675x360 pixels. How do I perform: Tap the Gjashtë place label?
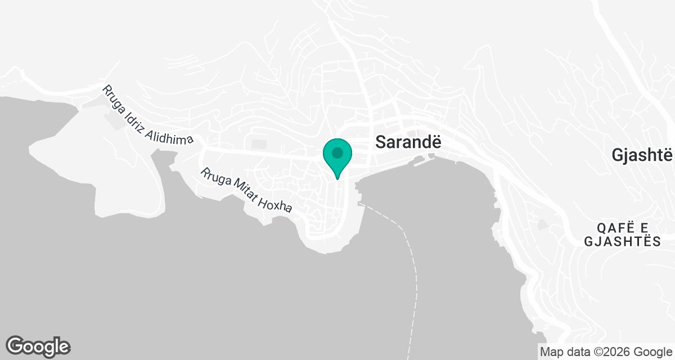coord(642,155)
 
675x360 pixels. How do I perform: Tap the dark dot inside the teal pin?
coord(337,152)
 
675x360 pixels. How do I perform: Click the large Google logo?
coord(38,345)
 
